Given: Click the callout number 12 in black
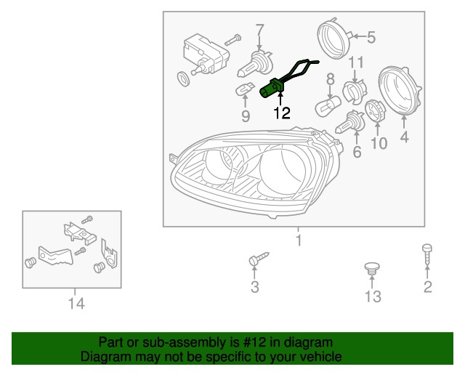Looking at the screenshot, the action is pos(281,113).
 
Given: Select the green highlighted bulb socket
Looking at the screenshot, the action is pos(271,88).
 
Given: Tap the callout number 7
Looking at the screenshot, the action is pos(259,30).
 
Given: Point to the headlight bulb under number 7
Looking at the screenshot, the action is pos(255,65).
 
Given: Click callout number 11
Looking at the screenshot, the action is pos(355,62).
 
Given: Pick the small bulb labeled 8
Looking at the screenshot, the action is pos(328,105).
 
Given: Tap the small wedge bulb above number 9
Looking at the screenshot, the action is pos(245,89).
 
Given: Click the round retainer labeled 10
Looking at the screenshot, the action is pos(375,111).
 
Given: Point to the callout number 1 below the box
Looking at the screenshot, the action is pos(299,240).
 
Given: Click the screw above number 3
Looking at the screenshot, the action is pos(259,259).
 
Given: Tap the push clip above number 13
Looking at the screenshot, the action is pos(372,268).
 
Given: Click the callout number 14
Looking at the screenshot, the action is pos(76,304).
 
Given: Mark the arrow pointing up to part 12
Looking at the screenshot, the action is pos(280,99).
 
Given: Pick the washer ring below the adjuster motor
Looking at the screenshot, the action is pos(184,78).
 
